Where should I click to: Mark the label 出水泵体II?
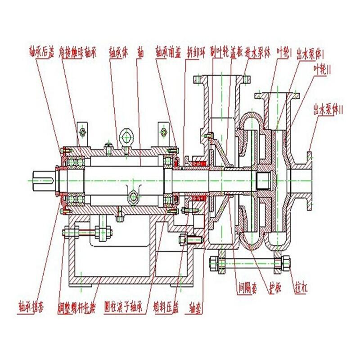coord(328,109)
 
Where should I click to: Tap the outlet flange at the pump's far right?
coord(309,180)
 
